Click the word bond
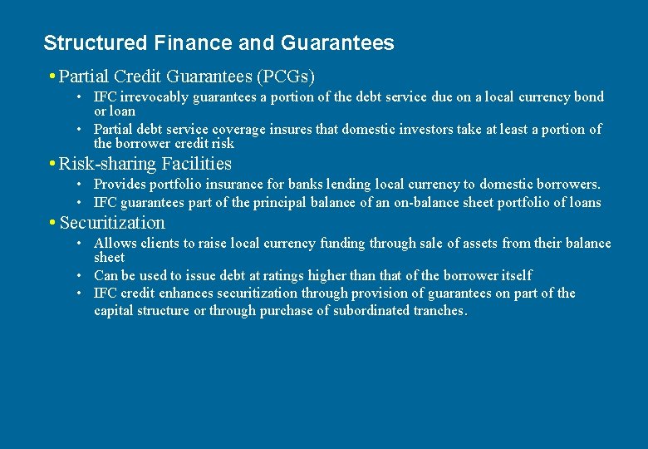pyautogui.click(x=589, y=97)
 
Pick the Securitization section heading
pyautogui.click(x=112, y=223)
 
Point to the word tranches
pyautogui.click(x=439, y=311)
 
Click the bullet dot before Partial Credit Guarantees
pyautogui.click(x=52, y=77)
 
